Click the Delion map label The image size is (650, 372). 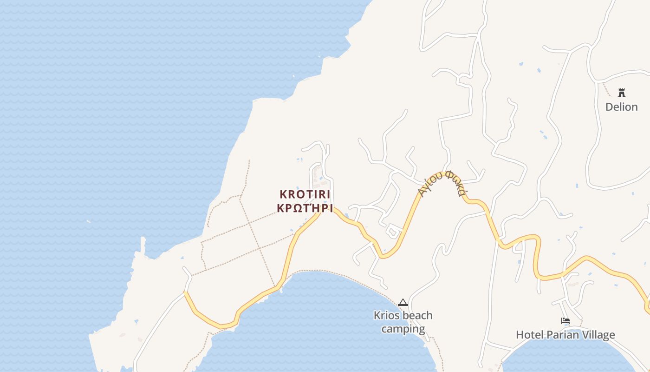[621, 107]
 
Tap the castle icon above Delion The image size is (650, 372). [621, 93]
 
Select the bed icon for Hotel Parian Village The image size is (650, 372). [565, 321]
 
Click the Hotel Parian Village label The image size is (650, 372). [565, 335]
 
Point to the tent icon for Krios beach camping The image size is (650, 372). [403, 303]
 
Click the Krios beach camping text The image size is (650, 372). [403, 322]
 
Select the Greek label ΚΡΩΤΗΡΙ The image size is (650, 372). [305, 208]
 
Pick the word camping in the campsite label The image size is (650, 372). [403, 329]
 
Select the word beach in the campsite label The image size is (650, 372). [416, 315]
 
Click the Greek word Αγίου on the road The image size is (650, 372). [428, 185]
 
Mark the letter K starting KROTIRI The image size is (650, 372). [283, 194]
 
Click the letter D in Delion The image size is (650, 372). [609, 107]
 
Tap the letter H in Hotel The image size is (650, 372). [520, 335]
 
